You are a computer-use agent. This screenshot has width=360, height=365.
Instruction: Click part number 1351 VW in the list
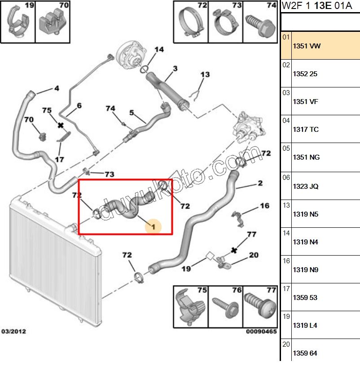coord(307,46)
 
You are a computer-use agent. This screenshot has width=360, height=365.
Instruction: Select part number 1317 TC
coord(306,130)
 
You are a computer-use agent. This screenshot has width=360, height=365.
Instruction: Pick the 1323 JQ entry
coord(306,186)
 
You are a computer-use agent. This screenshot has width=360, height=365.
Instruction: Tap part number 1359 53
coord(305,297)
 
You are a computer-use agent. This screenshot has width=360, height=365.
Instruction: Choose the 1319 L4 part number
coord(305,325)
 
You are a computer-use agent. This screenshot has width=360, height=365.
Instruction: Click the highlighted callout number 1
coord(153,227)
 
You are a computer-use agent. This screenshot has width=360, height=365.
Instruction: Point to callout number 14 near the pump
coord(159,49)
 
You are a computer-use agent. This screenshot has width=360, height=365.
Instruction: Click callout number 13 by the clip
coord(205,74)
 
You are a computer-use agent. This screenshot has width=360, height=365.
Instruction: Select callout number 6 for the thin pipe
coord(79,106)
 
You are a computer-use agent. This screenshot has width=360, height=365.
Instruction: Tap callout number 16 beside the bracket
coord(264,206)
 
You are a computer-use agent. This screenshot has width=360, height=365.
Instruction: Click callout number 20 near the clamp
coord(254,255)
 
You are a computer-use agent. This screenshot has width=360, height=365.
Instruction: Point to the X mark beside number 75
coord(61,126)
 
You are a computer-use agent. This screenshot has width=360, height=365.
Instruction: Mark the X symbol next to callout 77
coord(233,250)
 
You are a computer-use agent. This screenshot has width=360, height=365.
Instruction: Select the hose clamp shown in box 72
coord(188,24)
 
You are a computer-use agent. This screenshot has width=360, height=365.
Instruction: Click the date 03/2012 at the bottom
coord(14,332)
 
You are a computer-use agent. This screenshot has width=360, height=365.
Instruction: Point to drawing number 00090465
coord(261,332)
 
